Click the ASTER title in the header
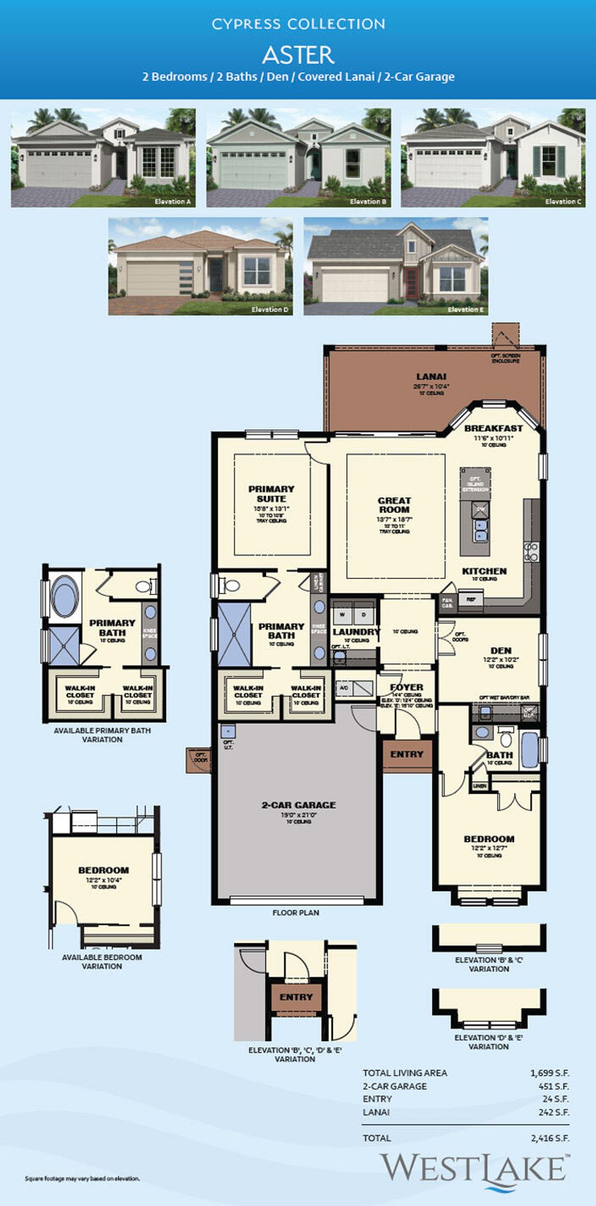pyautogui.click(x=298, y=55)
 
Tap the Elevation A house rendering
pyautogui.click(x=103, y=157)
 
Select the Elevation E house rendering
pyautogui.click(x=396, y=266)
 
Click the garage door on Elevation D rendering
pyautogui.click(x=152, y=278)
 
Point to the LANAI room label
pyautogui.click(x=431, y=377)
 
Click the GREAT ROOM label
pyautogui.click(x=394, y=505)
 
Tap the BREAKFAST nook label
pyautogui.click(x=493, y=428)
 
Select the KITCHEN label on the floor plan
pyautogui.click(x=484, y=571)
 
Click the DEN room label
pyautogui.click(x=501, y=650)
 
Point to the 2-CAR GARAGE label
pyautogui.click(x=299, y=805)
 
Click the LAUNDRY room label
pyautogui.click(x=356, y=632)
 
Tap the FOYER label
pyautogui.click(x=406, y=687)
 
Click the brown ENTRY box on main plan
pyautogui.click(x=407, y=754)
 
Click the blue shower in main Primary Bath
pyautogui.click(x=234, y=635)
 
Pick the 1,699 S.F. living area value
pyautogui.click(x=549, y=1073)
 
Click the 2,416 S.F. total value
pyautogui.click(x=549, y=1138)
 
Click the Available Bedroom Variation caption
pyautogui.click(x=102, y=961)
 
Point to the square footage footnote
pyautogui.click(x=82, y=1179)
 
